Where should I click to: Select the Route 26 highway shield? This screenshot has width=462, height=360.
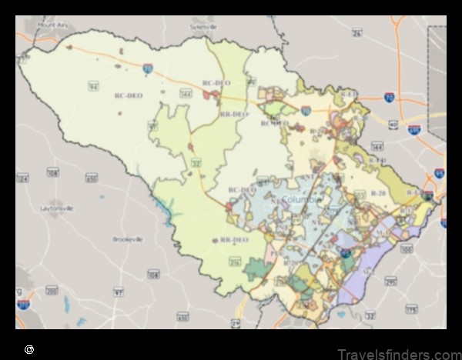coord(357,32)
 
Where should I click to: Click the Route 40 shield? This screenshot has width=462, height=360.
coord(393,124)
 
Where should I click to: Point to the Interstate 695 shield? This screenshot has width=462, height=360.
coord(439,173)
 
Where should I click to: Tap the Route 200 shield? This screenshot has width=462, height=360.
coord(52,291)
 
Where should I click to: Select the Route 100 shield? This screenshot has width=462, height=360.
coord(406,249)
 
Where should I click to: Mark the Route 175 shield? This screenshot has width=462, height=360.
coord(411,309)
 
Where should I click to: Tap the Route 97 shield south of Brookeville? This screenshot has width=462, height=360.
coord(119,292)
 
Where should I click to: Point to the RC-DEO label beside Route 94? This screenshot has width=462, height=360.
coord(129,95)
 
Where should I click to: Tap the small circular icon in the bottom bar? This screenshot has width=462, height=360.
coord(28,350)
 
